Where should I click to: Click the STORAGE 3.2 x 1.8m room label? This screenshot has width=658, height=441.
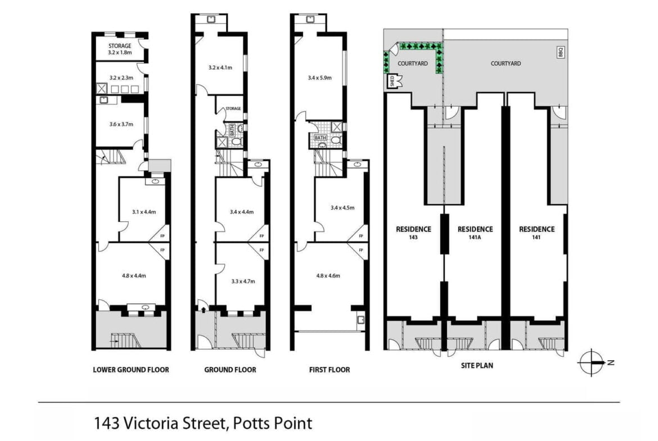(x=120, y=49)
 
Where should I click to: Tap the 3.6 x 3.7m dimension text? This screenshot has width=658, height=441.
(x=121, y=124)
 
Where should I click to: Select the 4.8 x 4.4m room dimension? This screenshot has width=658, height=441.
(x=134, y=275)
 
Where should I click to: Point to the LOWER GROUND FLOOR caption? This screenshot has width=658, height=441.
(x=131, y=370)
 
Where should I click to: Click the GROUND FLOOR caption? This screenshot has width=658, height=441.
(x=230, y=370)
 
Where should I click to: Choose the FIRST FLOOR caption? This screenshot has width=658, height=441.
(x=330, y=370)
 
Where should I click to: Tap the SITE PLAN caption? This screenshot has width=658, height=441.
(x=477, y=366)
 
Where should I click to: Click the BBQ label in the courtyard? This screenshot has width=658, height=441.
(x=561, y=52)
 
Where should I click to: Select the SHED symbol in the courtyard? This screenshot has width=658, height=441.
(x=394, y=81)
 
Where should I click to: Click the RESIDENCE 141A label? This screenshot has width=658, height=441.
(x=475, y=233)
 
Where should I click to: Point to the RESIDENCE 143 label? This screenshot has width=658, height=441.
(x=413, y=233)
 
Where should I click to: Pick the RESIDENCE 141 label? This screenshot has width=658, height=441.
(x=537, y=233)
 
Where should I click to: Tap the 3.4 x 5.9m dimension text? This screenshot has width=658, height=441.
(x=320, y=78)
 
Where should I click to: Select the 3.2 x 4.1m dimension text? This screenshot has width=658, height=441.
(x=220, y=67)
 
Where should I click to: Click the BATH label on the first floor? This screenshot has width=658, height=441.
(x=320, y=138)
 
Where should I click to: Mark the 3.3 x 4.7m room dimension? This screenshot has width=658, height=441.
(x=243, y=281)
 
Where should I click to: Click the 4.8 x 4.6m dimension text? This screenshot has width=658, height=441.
(x=328, y=275)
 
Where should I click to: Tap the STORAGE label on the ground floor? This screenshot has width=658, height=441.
(x=233, y=108)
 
